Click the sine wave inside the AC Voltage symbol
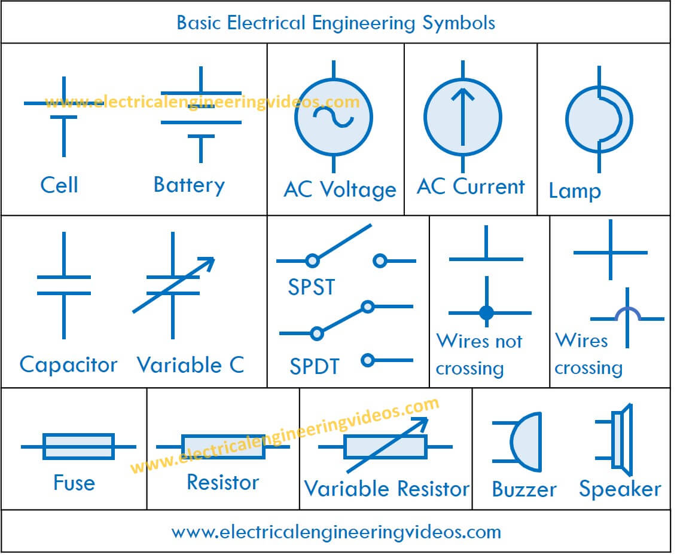click(333, 117)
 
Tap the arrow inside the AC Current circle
click(462, 116)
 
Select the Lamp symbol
click(599, 119)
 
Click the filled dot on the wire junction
click(487, 312)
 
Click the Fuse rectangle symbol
click(78, 446)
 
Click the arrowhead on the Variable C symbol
click(207, 263)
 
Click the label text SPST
click(312, 287)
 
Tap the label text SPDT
click(315, 367)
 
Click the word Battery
click(189, 185)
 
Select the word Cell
click(59, 185)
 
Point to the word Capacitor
click(68, 365)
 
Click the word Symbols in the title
click(459, 23)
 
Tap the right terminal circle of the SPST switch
click(380, 261)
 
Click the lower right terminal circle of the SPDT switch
click(367, 360)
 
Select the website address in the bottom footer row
click(336, 532)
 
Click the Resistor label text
click(223, 482)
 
